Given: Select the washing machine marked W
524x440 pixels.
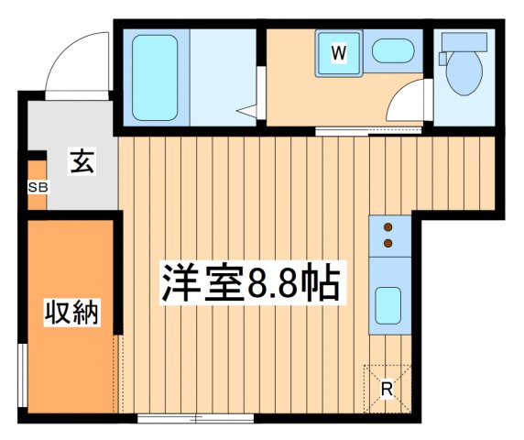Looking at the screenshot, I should click(x=338, y=54).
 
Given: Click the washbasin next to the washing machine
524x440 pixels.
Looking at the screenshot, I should click(x=394, y=51).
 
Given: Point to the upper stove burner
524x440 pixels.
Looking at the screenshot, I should click(x=388, y=227).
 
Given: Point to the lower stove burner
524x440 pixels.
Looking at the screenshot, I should click(x=388, y=243).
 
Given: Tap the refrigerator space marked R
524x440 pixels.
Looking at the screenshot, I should click(x=387, y=388).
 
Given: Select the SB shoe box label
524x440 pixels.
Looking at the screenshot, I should click(x=38, y=188).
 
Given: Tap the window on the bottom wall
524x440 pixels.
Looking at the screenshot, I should click(x=194, y=418).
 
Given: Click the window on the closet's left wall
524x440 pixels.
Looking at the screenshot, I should click(x=22, y=376).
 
